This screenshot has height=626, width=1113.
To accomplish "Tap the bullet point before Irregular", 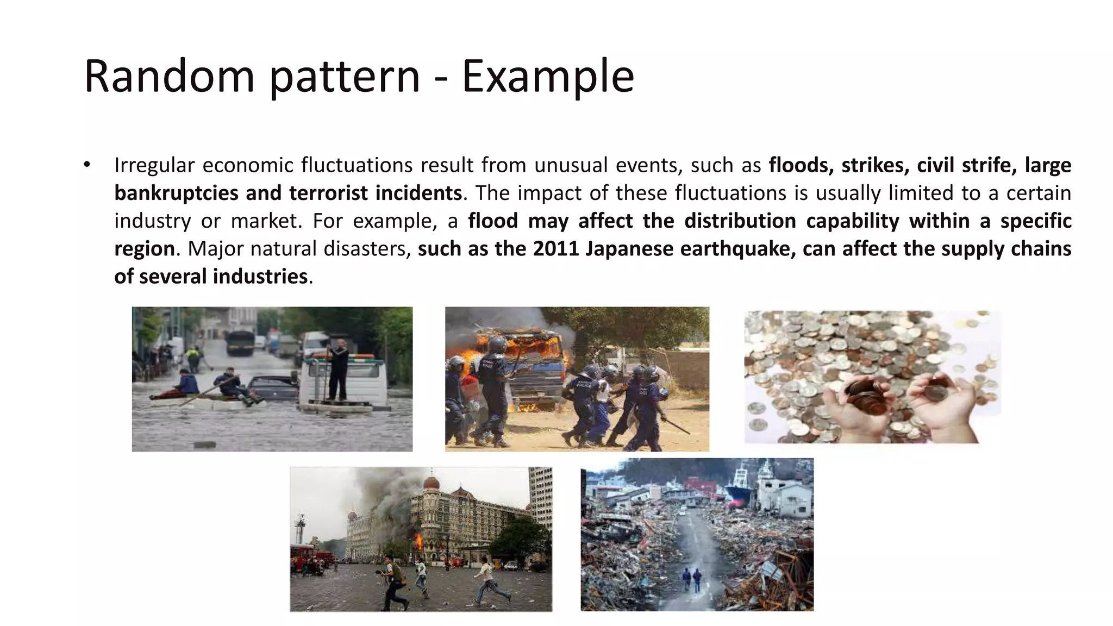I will coord(87,164).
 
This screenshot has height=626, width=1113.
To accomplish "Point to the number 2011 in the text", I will coord(555,248).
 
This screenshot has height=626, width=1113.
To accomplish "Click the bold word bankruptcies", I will coord(176,193).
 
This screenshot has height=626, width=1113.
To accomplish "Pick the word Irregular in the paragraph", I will coord(154,165).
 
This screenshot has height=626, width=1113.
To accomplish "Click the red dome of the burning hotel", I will coord(430,483).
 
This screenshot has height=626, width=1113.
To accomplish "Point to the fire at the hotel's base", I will coord(418,541).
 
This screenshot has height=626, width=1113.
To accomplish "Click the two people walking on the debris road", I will coord(691,579).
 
